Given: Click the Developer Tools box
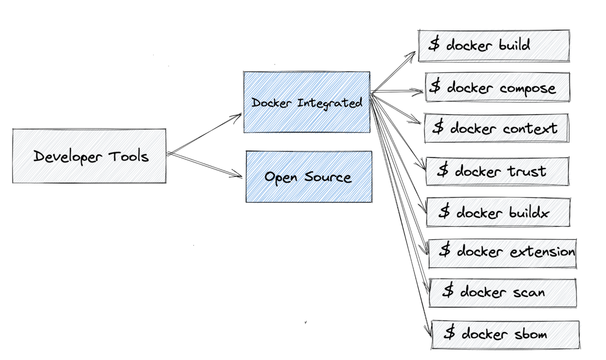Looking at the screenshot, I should coord(89,156).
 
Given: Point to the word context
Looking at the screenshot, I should coord(530,129).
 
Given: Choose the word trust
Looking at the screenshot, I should coord(527,171).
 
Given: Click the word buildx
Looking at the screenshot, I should coord(529,212).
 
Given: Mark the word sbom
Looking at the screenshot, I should coord(531,334).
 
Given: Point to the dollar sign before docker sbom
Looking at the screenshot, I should coord(449,332).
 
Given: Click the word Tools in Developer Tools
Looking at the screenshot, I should coord(129,156).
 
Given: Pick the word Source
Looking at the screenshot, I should coord(328,177).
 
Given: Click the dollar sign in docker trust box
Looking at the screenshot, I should coord(443,170).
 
